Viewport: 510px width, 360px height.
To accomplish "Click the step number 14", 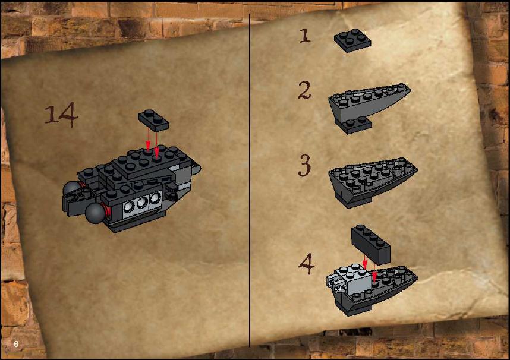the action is tap(61, 115).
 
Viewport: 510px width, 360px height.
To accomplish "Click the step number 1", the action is tap(305, 36).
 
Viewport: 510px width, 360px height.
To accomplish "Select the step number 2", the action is tap(304, 90).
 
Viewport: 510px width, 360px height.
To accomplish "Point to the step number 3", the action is tap(305, 166).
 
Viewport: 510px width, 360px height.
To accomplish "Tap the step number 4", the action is tap(306, 264).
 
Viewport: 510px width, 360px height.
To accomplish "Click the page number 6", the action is tap(16, 344).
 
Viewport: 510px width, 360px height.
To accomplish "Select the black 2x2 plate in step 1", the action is tap(352, 40).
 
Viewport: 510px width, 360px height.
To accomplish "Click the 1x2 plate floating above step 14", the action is tap(153, 120).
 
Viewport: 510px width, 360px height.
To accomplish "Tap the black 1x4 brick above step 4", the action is tap(371, 244).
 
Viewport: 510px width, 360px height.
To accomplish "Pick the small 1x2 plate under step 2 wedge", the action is tap(354, 125).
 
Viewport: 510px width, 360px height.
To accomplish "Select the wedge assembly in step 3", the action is tap(373, 182).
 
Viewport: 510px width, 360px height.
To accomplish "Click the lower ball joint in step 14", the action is tap(95, 213).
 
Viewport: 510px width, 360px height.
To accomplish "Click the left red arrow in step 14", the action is tap(148, 139).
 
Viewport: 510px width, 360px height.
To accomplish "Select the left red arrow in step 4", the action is tap(365, 263).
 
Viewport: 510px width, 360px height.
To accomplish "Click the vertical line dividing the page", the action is tap(250, 181).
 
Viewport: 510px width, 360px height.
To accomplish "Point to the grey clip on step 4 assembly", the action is tap(335, 282).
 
